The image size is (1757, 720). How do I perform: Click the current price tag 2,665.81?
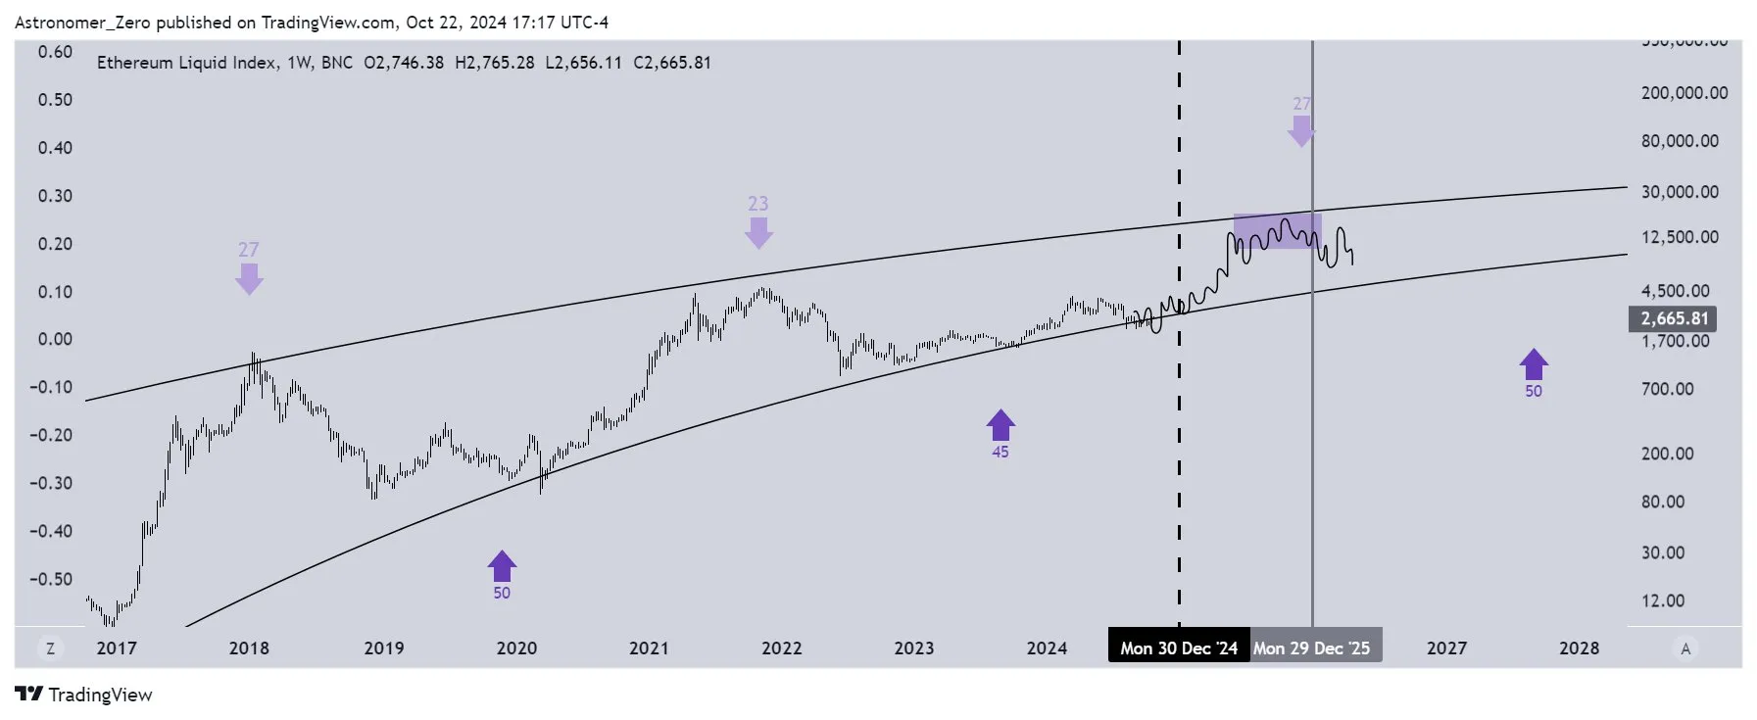pyautogui.click(x=1673, y=318)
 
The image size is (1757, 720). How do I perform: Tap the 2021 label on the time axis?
pyautogui.click(x=649, y=648)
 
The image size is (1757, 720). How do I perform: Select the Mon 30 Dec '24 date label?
pyautogui.click(x=1178, y=648)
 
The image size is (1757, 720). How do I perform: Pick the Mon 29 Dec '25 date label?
pyautogui.click(x=1311, y=648)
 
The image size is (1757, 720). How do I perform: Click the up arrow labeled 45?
pyautogui.click(x=1000, y=426)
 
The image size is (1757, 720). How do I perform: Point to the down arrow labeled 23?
pyautogui.click(x=758, y=232)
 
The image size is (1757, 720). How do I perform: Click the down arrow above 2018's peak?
pyautogui.click(x=249, y=278)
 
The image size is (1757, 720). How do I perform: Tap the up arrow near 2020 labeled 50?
pyautogui.click(x=502, y=566)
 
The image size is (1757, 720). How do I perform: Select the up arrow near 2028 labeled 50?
pyautogui.click(x=1534, y=365)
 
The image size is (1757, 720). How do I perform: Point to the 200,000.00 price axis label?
pyautogui.click(x=1684, y=93)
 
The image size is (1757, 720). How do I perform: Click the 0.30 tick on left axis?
pyautogui.click(x=55, y=196)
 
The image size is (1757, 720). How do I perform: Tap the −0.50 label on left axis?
pyautogui.click(x=51, y=579)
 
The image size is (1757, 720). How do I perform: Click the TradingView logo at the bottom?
pyautogui.click(x=84, y=695)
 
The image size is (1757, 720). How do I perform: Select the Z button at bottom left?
pyautogui.click(x=50, y=648)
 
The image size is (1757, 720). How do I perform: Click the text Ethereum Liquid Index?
pyautogui.click(x=186, y=63)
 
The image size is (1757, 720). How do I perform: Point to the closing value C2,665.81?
pyautogui.click(x=672, y=63)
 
